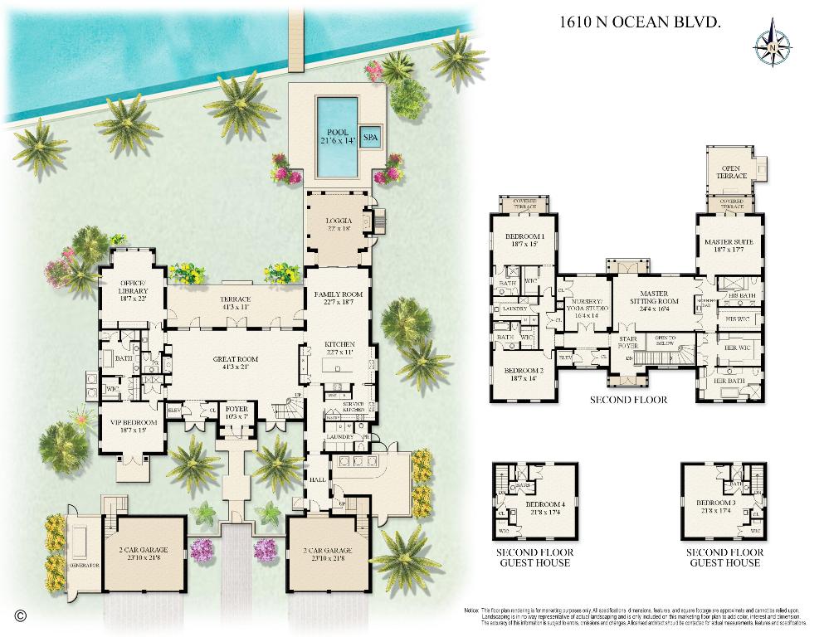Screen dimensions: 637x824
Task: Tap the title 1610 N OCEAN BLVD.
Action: (640, 22)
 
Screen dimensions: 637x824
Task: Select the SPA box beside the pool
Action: (370, 137)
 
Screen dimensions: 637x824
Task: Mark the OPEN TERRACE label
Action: (731, 173)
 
